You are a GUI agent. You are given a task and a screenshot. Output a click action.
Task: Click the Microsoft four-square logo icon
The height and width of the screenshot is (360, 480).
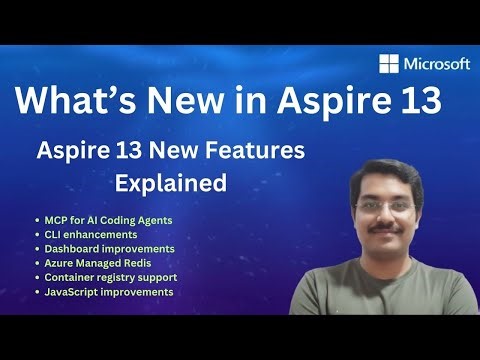tap(390, 63)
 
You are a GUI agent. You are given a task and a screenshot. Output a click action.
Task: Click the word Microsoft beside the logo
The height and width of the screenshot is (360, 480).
tap(437, 63)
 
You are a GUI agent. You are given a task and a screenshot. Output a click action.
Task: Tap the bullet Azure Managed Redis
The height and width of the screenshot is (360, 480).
tap(96, 262)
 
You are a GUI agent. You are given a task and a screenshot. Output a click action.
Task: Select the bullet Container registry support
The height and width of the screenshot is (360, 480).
tap(109, 277)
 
